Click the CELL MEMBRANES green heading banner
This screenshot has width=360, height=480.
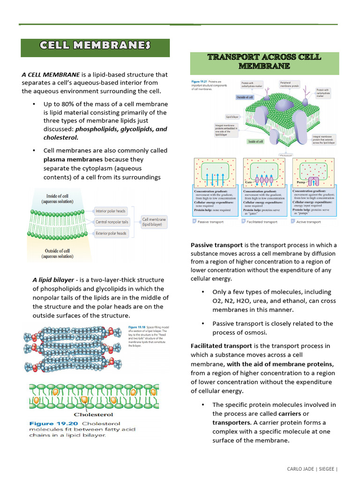[95, 46]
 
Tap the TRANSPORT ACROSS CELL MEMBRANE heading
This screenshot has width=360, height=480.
[264, 62]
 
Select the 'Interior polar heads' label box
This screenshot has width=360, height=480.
[111, 211]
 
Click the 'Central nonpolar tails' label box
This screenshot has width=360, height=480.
[112, 222]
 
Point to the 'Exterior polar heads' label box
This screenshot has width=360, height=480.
[111, 233]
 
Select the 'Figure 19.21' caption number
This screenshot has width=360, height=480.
[201, 82]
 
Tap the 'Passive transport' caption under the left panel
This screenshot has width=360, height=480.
[210, 222]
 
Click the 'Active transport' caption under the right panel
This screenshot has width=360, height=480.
[308, 222]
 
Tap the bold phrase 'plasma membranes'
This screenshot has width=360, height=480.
[73, 159]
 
